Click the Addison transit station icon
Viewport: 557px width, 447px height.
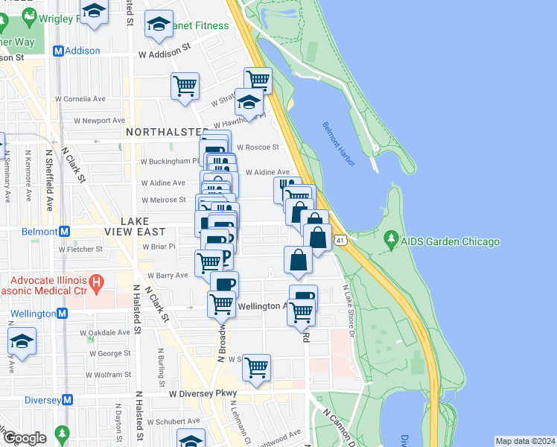(57, 51)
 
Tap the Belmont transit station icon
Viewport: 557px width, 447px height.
(64, 231)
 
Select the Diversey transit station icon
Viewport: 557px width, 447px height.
(68, 399)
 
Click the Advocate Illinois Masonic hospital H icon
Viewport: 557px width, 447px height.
(95, 282)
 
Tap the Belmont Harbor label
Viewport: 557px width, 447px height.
(339, 143)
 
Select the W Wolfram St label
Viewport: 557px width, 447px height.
(106, 375)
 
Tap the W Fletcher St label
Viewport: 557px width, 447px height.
(79, 250)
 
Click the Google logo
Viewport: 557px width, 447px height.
(24, 438)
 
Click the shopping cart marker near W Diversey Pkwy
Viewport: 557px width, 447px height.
(256, 367)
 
